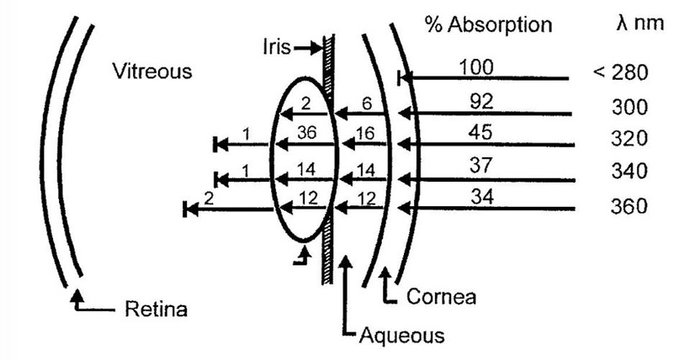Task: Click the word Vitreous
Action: point(152,71)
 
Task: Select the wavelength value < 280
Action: point(620,72)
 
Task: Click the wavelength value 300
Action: point(630,107)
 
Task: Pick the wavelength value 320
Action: point(630,139)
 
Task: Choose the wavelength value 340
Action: point(630,172)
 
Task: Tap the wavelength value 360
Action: point(630,204)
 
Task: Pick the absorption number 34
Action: point(476,199)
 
